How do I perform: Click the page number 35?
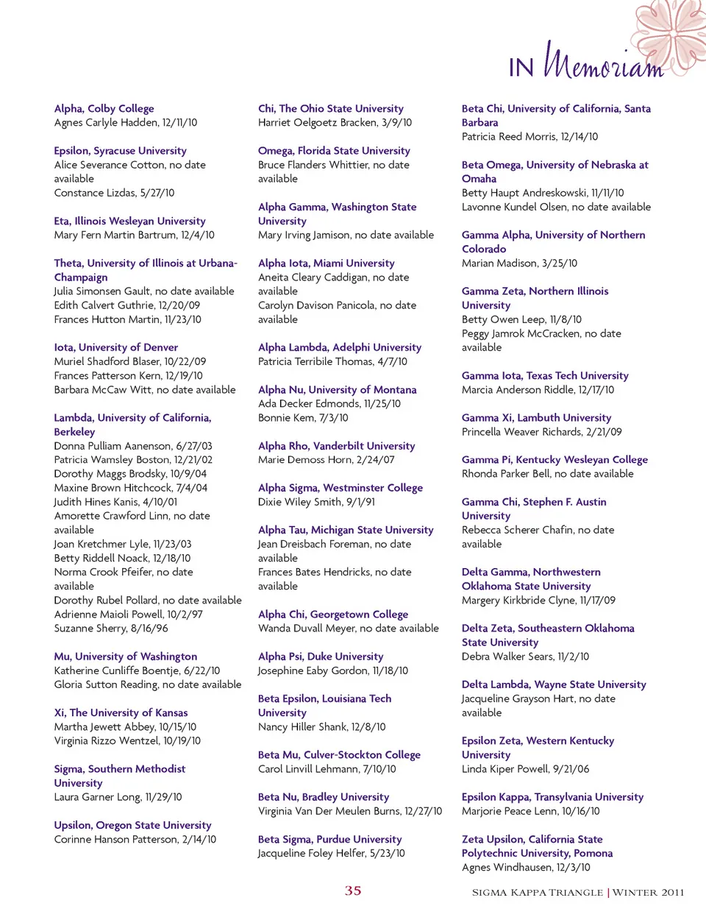point(353,891)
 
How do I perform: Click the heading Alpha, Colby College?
point(104,108)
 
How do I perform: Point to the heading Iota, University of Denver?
point(115,347)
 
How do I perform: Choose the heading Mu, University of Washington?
point(125,656)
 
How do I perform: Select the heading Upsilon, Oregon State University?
point(132,825)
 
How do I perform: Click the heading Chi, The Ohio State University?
point(330,108)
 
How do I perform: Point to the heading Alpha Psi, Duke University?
point(321,656)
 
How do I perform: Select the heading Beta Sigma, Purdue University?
point(329,839)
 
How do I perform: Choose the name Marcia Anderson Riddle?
point(517,390)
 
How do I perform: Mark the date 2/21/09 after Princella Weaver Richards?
point(604,432)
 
